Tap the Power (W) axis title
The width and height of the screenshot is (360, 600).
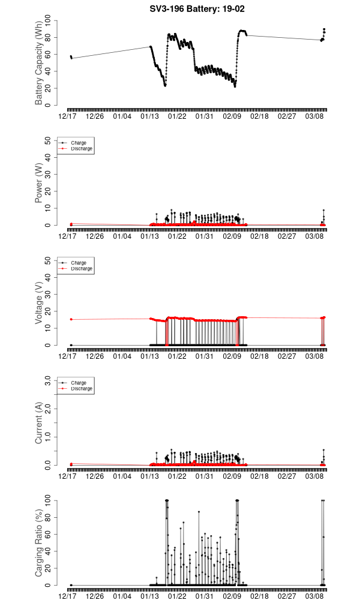point(39,183)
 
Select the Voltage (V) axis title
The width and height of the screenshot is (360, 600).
point(39,303)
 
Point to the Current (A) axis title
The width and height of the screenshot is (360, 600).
point(39,423)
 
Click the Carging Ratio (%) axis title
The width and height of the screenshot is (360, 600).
point(39,543)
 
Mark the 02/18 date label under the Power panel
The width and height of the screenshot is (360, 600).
point(259,236)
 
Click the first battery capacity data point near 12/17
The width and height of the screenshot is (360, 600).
point(71,56)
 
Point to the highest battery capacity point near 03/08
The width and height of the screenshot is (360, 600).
point(324,29)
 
